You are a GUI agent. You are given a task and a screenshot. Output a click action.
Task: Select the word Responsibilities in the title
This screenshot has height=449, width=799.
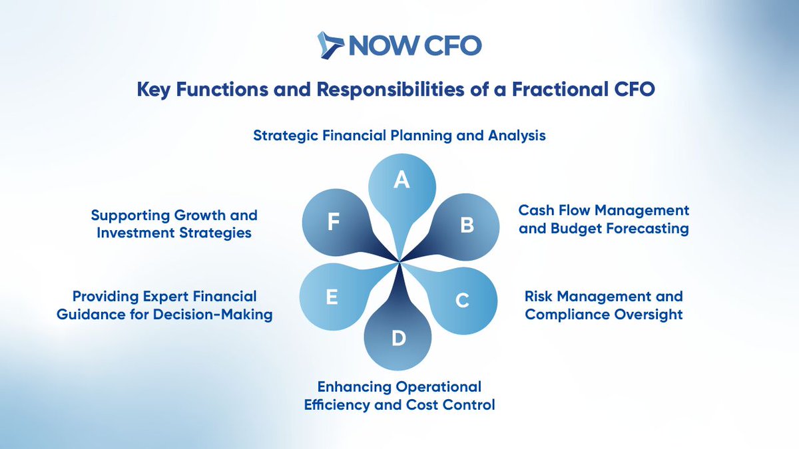tap(378, 90)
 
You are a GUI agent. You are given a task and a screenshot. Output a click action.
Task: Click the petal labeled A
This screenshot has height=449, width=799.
tap(401, 184)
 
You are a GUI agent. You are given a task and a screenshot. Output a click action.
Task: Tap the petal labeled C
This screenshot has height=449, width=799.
tap(462, 299)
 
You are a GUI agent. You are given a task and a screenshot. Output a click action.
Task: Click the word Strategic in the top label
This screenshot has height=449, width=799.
tap(285, 136)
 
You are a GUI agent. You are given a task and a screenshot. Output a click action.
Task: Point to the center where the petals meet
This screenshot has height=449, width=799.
tap(400, 261)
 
